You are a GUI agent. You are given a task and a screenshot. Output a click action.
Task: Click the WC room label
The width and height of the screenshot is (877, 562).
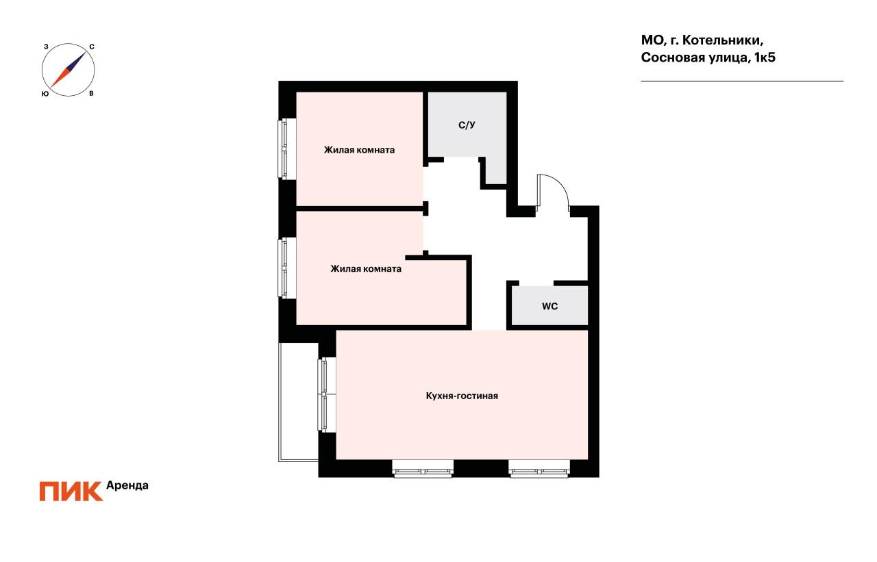pos(549,307)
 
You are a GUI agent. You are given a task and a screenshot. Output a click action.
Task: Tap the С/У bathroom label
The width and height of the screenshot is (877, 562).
pos(467,125)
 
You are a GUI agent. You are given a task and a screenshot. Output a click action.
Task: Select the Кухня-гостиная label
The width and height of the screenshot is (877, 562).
pos(461,396)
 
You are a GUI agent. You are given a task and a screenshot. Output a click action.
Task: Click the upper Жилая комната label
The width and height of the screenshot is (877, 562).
pos(359,150)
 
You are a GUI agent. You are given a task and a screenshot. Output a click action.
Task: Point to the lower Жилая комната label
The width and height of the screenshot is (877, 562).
pos(366,269)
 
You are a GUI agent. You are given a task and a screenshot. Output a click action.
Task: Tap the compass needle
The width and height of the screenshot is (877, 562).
pos(69,69)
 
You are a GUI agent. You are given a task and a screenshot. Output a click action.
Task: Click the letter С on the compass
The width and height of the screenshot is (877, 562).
pos(92,47)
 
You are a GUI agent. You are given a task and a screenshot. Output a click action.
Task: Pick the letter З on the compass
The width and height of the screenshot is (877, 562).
pos(45,47)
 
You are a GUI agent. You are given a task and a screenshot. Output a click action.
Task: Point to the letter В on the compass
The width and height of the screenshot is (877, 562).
pos(91,93)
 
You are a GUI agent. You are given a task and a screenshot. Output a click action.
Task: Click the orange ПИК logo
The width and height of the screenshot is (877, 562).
pos(71,491)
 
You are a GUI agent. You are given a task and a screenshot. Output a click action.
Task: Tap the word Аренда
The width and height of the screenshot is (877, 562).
pos(127,485)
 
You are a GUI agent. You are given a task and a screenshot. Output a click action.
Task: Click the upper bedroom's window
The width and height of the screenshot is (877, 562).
pos(282,149)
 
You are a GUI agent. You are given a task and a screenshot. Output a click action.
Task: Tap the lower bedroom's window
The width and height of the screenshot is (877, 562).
pos(282,267)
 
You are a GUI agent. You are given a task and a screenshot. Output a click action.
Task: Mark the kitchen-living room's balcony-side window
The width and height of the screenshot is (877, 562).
pos(323,394)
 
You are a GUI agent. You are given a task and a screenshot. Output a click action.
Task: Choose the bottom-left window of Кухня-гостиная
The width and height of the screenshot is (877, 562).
pos(423,470)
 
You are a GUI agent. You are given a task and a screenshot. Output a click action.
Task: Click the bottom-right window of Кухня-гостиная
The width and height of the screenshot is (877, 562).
pos(539,470)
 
